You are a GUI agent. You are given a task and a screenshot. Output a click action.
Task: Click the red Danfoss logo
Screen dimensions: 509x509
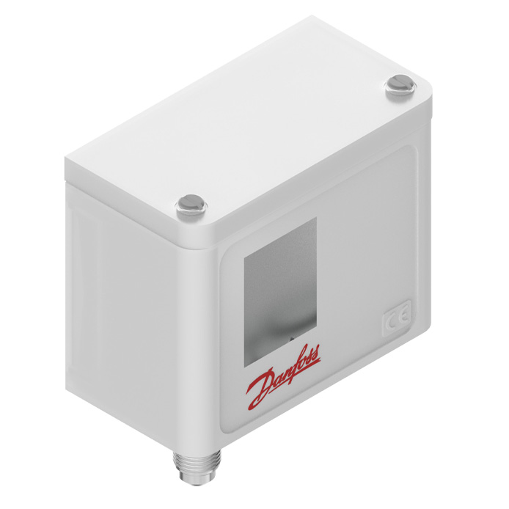click(283, 378)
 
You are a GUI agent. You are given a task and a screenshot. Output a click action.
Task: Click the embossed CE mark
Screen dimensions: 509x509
click(397, 320)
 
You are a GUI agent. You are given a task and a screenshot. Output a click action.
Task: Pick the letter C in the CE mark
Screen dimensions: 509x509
click(391, 323)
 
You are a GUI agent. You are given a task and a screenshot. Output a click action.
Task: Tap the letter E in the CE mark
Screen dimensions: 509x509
click(403, 316)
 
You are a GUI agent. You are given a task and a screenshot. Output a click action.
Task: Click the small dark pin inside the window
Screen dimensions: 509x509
click(291, 338)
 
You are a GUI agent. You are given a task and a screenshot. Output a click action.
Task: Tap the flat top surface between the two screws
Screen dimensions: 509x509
click(271, 132)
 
